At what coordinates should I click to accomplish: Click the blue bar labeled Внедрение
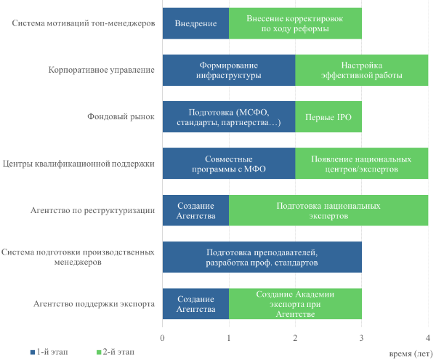pos(195,24)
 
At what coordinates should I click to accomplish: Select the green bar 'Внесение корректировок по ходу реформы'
pos(295,24)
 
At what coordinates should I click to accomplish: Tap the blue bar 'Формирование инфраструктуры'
pos(228,70)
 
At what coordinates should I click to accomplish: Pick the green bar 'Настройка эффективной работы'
pos(361,70)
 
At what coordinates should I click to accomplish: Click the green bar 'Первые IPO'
pos(328,116)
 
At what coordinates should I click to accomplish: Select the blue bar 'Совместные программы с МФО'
pos(228,164)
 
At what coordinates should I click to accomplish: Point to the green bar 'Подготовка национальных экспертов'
pos(328,211)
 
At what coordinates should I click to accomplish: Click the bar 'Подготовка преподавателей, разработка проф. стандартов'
pos(262,257)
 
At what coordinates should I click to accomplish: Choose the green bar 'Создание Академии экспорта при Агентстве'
pos(295,304)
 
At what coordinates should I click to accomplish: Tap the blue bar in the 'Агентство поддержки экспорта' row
pos(195,304)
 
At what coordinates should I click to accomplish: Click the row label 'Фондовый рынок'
pos(121,117)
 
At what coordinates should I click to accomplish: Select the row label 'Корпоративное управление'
pos(102,71)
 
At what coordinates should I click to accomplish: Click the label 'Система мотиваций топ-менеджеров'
pos(84,24)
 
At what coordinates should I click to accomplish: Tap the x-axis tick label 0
pos(162,337)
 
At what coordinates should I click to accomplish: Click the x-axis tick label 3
pos(362,337)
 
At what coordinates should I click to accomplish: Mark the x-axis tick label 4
pos(428,337)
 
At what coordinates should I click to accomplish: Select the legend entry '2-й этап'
pos(117,351)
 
